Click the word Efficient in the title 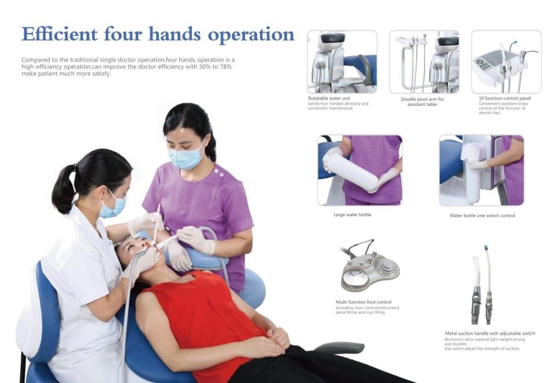click(60, 34)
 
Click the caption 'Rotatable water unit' click(329, 98)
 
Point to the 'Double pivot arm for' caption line click(422, 99)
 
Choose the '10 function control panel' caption click(504, 98)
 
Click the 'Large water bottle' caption click(352, 214)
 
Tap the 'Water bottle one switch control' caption click(482, 215)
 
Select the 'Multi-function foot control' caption click(363, 302)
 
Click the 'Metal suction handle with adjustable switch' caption click(490, 333)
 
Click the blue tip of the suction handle click(485, 247)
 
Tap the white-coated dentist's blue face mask click(112, 206)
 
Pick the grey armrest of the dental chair click(339, 347)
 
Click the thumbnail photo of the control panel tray click(506, 62)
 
